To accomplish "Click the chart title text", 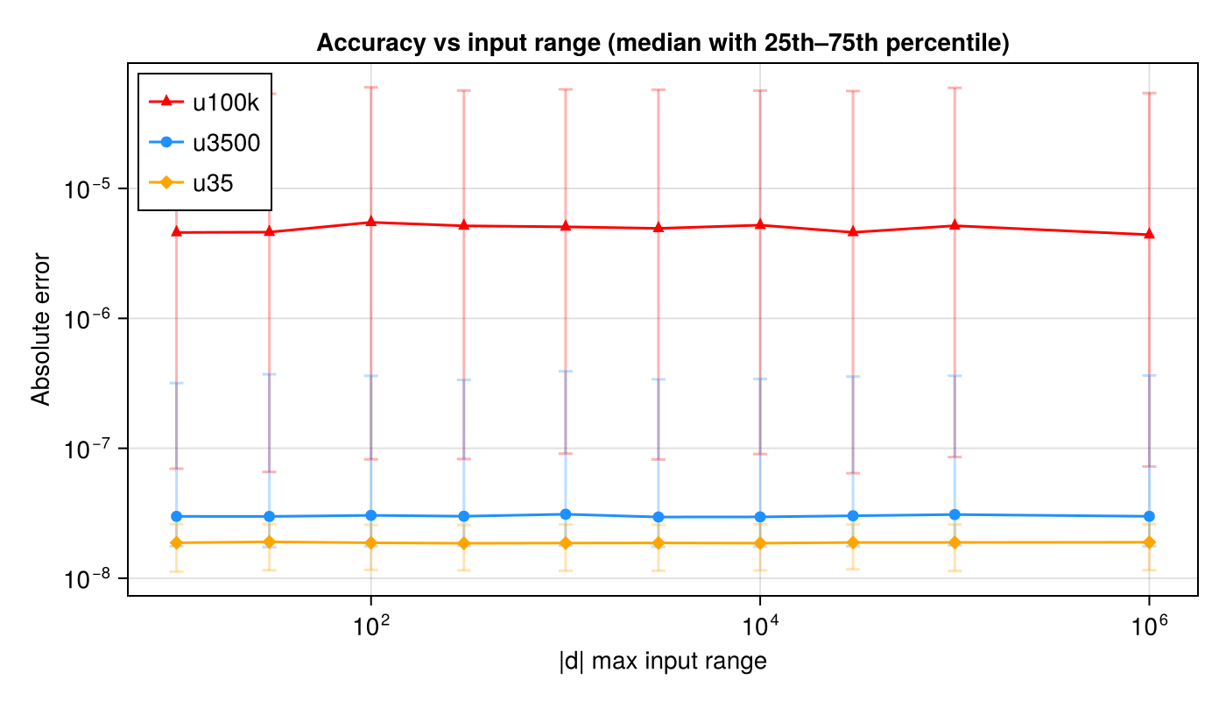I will coord(663,43).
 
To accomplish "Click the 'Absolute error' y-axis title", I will coord(41,329).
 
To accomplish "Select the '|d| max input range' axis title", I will coord(663,662).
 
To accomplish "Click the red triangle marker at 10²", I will coord(371,222).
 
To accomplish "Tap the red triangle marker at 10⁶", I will coord(1149,234).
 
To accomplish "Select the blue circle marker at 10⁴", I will coord(760,517).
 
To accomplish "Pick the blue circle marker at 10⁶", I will coord(1149,516).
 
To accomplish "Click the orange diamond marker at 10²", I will coord(371,543).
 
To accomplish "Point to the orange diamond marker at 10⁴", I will coord(760,543).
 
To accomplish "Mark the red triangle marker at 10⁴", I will coord(760,224).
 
